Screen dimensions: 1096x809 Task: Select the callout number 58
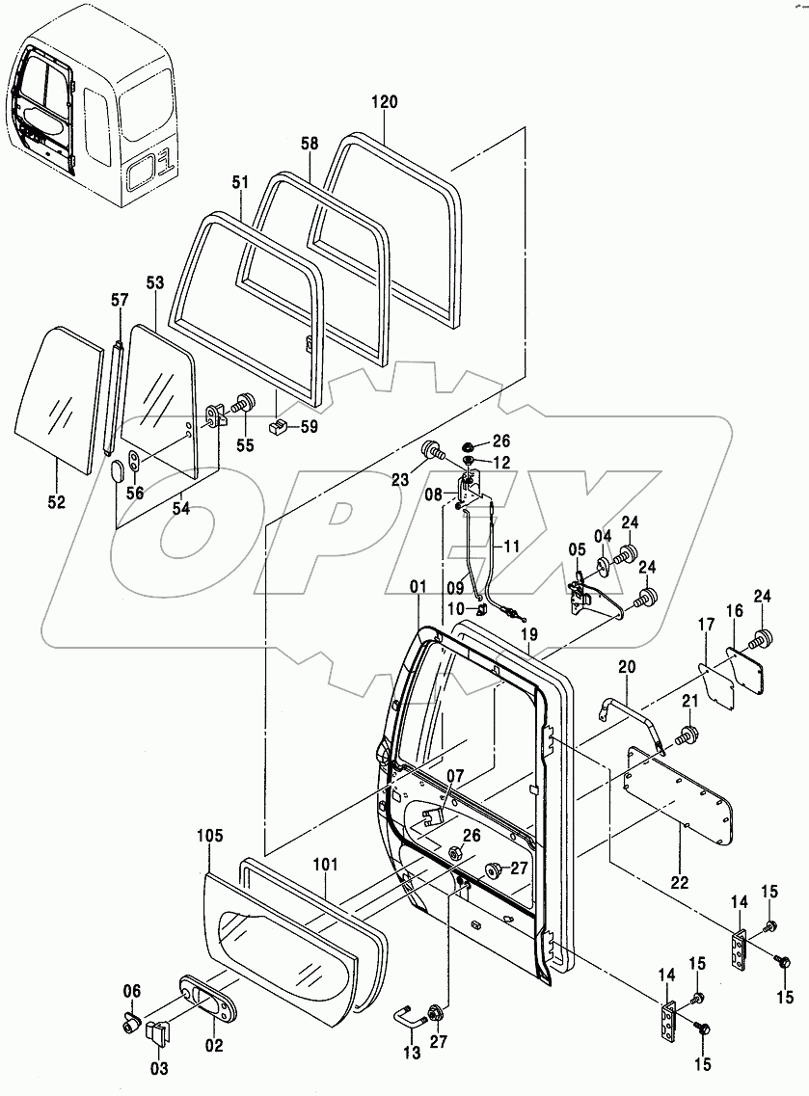(x=309, y=144)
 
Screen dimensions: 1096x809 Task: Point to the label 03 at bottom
(x=158, y=1068)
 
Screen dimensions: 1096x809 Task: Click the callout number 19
(x=527, y=635)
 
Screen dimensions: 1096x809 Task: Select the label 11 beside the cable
(x=511, y=546)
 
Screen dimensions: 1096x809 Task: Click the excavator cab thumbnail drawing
(x=94, y=116)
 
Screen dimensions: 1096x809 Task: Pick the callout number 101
(x=326, y=865)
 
